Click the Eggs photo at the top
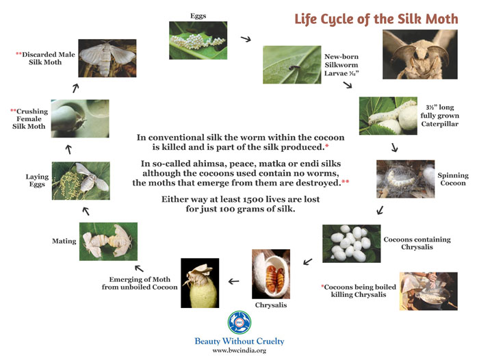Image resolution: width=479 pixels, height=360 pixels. pyautogui.click(x=198, y=40)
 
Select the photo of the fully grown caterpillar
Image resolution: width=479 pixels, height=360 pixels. pyautogui.click(x=388, y=116)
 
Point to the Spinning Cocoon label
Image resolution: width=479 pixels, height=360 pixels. pyautogui.click(x=453, y=179)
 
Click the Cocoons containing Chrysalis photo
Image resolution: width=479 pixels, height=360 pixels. pyautogui.click(x=351, y=244)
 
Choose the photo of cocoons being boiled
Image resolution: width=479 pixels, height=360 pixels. pyautogui.click(x=428, y=292)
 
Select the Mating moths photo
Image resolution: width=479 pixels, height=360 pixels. pyautogui.click(x=108, y=242)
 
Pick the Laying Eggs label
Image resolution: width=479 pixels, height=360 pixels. pyautogui.click(x=37, y=180)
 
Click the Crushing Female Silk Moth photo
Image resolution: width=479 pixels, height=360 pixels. pyautogui.click(x=80, y=118)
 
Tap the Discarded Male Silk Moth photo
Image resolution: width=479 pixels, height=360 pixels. pyautogui.click(x=107, y=58)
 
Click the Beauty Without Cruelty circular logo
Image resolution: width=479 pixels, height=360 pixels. pyautogui.click(x=239, y=322)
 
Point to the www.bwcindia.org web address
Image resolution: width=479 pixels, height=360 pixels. pyautogui.click(x=239, y=350)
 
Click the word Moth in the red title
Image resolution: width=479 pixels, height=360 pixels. pyautogui.click(x=442, y=19)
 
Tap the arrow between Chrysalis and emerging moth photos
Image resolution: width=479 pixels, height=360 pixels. pyautogui.click(x=234, y=281)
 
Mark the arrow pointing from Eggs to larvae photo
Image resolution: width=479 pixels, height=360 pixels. pyautogui.click(x=246, y=39)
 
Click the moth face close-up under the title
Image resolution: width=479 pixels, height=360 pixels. pyautogui.click(x=420, y=54)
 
